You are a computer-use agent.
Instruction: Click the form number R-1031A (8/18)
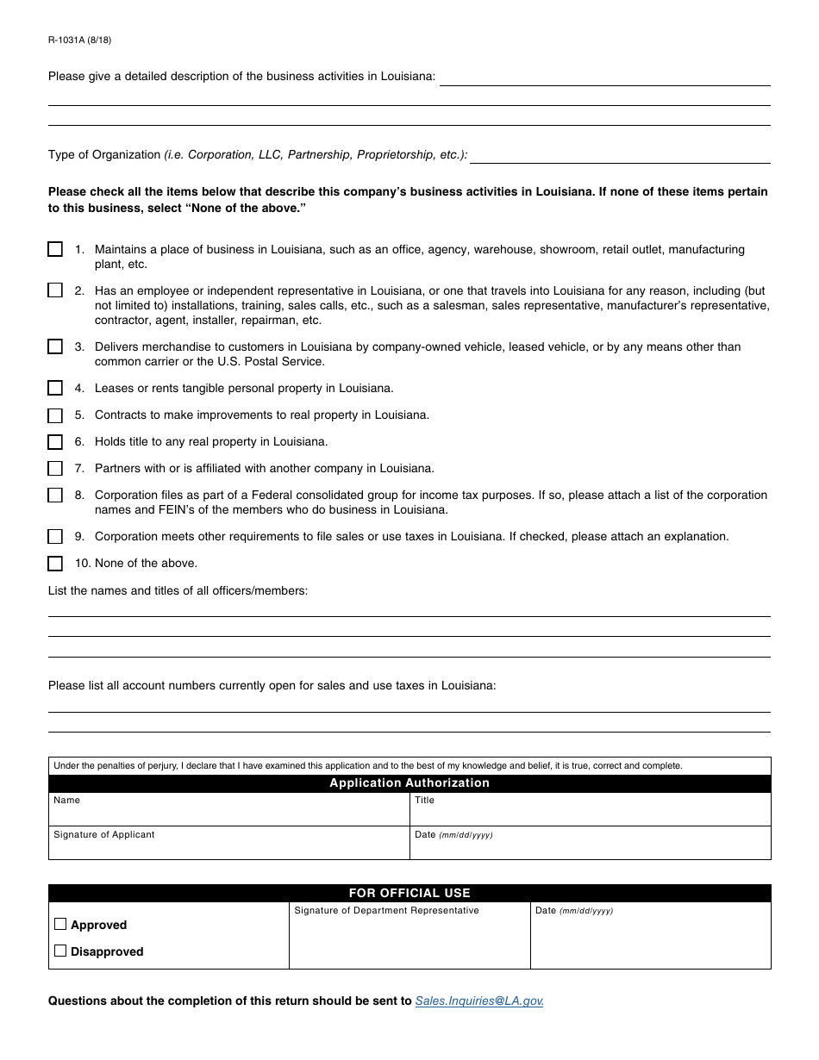(79, 40)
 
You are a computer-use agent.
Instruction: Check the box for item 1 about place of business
(55, 249)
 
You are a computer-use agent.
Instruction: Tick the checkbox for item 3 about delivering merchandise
(55, 346)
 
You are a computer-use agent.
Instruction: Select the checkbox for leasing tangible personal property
(55, 388)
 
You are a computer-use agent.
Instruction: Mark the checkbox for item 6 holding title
(55, 442)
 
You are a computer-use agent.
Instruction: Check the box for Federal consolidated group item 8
(55, 496)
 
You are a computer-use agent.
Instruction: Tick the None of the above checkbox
(55, 564)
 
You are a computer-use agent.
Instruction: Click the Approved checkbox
(60, 924)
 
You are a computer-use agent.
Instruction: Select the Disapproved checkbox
(60, 951)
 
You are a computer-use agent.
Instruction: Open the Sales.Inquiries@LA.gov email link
(478, 1001)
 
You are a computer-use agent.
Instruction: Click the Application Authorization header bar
(409, 783)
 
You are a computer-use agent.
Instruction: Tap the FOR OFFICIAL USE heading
(409, 893)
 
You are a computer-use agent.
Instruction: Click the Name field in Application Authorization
(228, 814)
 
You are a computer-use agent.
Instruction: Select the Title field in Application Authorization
(591, 814)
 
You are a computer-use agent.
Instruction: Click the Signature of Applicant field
(228, 847)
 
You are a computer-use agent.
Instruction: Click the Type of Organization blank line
(620, 156)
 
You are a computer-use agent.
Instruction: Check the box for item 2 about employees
(55, 290)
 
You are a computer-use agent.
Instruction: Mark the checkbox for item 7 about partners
(55, 469)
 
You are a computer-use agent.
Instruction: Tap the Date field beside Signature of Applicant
(591, 847)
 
